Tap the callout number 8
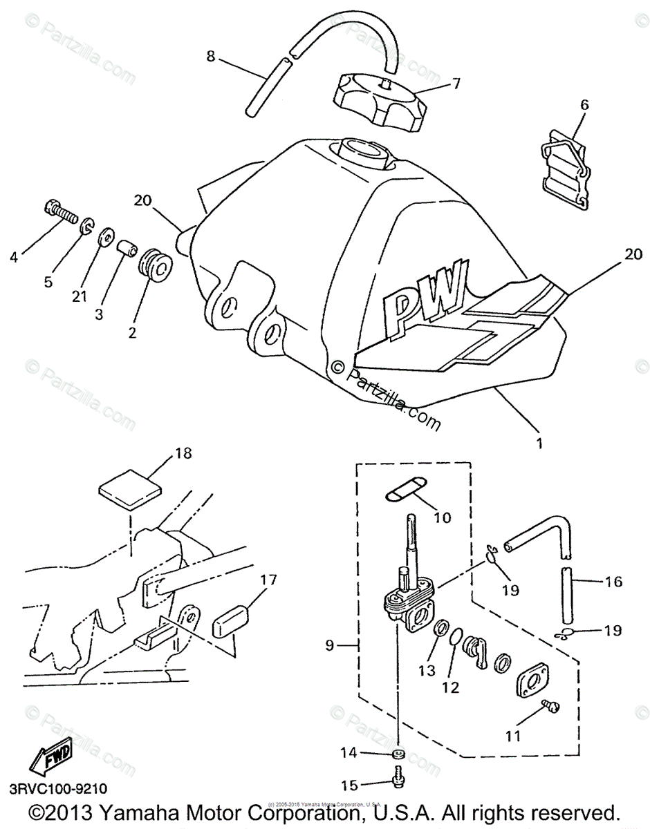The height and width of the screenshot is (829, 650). tap(210, 56)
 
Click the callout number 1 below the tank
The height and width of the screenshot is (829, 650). tap(540, 443)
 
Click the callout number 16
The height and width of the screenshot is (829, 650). tap(613, 582)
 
